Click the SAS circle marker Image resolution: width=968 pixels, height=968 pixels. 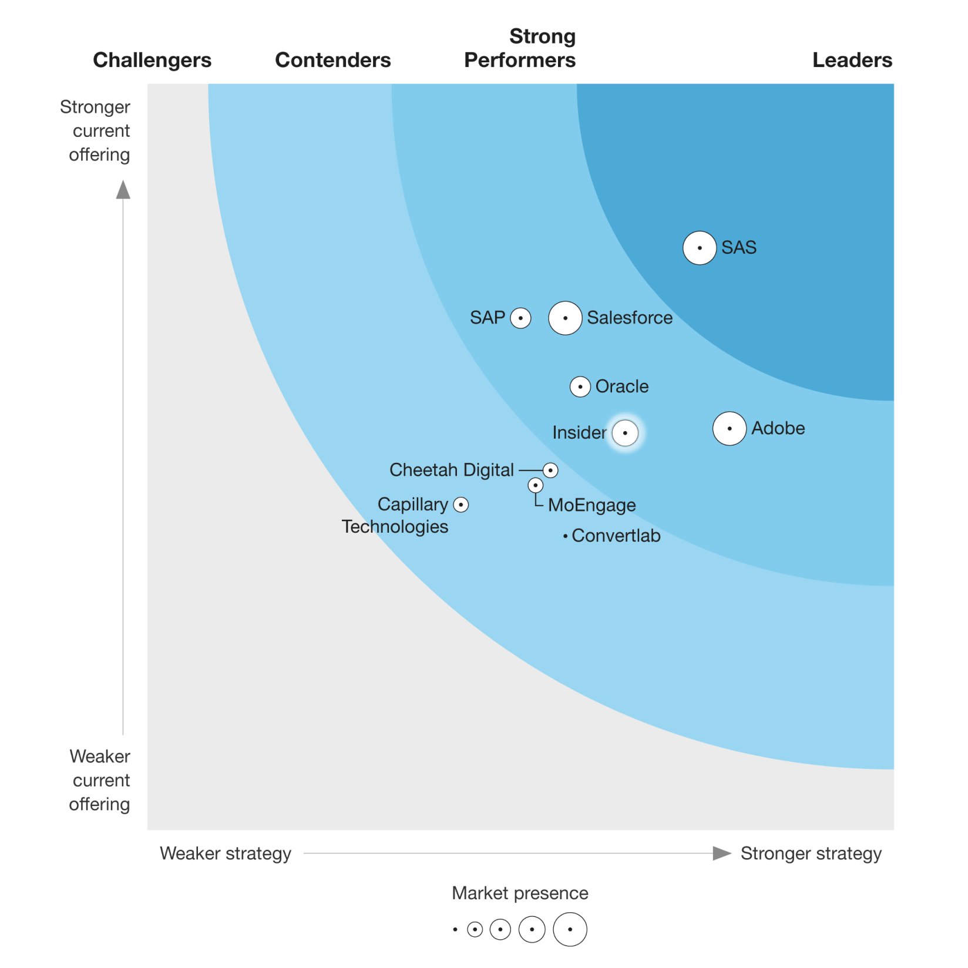[x=699, y=248]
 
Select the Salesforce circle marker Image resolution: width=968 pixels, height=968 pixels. [x=565, y=318]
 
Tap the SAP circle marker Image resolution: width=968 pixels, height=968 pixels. [x=520, y=318]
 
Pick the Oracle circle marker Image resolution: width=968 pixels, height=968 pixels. [x=580, y=386]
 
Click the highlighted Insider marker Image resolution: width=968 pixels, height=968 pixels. [x=625, y=433]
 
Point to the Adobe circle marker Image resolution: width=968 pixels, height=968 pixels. [x=730, y=428]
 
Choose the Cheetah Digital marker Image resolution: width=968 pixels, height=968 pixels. [x=550, y=470]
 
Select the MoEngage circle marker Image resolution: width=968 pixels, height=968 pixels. [x=535, y=485]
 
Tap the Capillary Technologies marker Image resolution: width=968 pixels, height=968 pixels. [x=461, y=505]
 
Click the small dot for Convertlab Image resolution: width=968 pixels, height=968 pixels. [x=565, y=536]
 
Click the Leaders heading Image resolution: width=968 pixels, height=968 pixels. [x=852, y=60]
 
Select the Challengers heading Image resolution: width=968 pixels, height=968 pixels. [x=152, y=60]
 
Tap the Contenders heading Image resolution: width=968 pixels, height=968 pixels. [x=332, y=60]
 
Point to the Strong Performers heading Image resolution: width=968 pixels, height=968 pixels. [x=520, y=48]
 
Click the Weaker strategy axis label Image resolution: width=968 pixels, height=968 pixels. [x=226, y=853]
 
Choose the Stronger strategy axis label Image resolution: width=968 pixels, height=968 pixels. [x=811, y=853]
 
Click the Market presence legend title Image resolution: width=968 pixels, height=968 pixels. [x=520, y=893]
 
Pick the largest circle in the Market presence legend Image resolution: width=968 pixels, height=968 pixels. [x=570, y=929]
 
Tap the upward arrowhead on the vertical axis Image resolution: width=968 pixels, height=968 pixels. [x=123, y=190]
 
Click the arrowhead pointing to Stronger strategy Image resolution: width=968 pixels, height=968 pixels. [x=721, y=853]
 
